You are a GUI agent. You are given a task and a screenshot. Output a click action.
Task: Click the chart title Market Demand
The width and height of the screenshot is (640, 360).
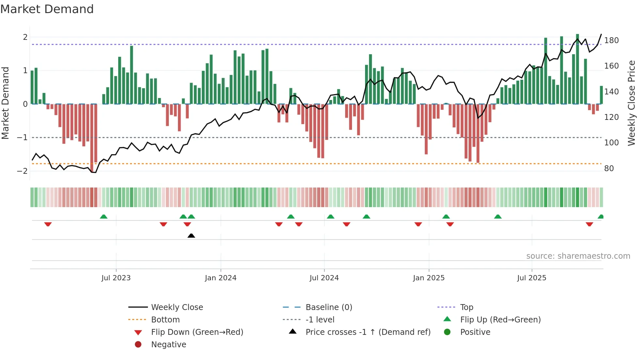[47, 9]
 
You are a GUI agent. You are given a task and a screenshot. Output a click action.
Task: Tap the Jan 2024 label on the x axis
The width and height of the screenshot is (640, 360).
[220, 278]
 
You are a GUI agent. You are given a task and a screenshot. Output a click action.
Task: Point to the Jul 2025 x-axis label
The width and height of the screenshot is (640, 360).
[531, 278]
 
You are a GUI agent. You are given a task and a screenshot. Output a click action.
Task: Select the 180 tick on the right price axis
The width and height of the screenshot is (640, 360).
[611, 41]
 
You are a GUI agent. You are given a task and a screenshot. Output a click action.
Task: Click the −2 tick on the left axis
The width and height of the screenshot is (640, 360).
[23, 171]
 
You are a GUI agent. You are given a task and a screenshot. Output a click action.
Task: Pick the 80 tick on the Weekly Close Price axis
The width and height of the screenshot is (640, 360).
[609, 169]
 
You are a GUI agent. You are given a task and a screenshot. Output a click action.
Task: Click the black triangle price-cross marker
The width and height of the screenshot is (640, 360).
[191, 236]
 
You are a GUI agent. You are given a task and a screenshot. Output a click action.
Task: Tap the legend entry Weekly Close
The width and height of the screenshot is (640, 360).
[177, 307]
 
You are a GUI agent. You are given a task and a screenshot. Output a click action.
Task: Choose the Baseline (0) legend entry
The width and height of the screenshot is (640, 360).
[328, 307]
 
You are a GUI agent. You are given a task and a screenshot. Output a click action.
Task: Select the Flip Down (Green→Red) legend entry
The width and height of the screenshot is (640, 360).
[197, 332]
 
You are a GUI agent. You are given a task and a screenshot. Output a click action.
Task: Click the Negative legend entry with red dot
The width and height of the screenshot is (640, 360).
[168, 345]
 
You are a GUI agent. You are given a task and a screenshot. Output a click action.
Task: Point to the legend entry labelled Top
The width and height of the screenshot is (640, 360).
[466, 307]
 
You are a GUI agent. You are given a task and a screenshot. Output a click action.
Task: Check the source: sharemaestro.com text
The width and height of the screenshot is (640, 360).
[578, 256]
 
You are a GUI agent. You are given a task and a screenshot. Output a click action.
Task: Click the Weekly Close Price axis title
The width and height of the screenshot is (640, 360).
[632, 103]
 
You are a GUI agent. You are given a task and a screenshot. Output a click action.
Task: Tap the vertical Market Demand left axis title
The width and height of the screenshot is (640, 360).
[5, 103]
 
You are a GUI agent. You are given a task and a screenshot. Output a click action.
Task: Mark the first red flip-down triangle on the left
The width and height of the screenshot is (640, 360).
[48, 224]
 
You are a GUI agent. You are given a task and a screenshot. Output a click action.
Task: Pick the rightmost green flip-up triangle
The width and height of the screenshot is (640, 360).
[600, 217]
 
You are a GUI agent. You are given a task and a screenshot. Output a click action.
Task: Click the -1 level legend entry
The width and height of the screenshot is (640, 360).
[320, 320]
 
